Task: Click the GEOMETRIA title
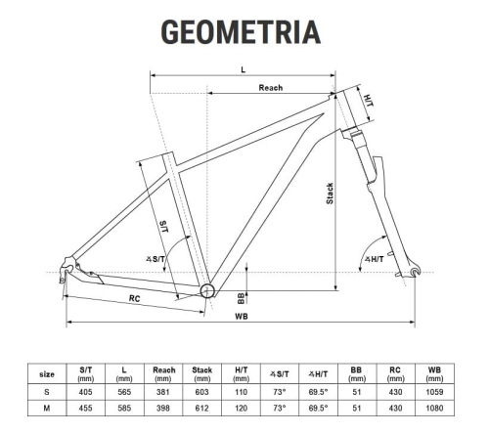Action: [241, 31]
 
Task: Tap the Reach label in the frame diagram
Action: [271, 88]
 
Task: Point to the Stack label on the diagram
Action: [330, 194]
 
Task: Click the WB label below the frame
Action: [242, 317]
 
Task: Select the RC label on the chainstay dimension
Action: [135, 298]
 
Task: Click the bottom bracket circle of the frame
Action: [207, 290]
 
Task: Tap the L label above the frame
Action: [244, 69]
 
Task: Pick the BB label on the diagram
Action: [241, 298]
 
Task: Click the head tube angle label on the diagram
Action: [375, 259]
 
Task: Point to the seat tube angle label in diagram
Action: [156, 259]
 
